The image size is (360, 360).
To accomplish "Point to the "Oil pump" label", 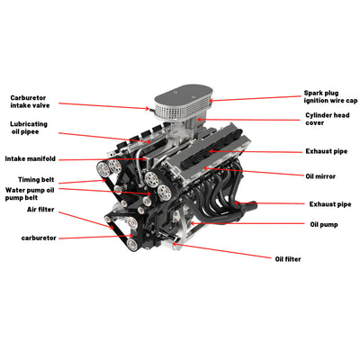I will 325,224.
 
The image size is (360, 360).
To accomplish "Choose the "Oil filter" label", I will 289,258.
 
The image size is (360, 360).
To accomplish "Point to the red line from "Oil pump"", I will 252,223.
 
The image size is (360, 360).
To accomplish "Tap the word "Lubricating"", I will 30,124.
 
